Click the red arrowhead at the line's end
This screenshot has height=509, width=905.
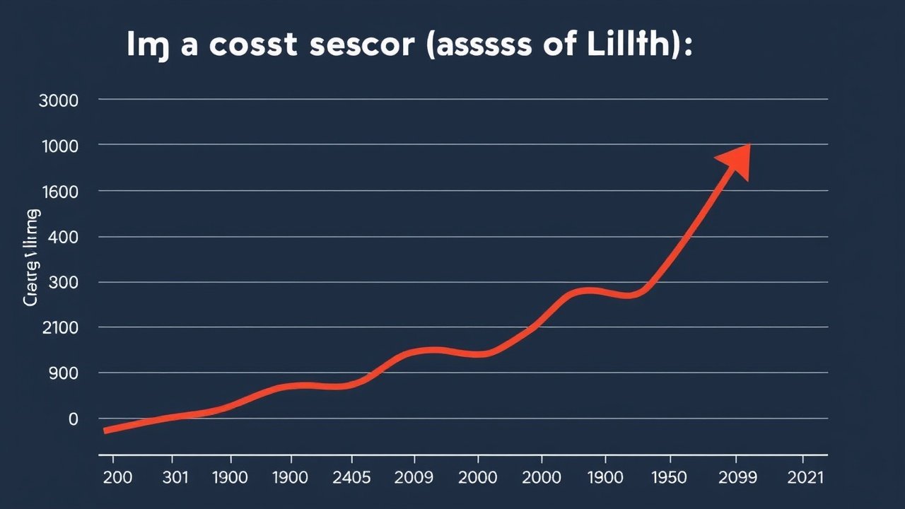(x=735, y=161)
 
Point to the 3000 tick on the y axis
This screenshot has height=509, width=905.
(x=59, y=100)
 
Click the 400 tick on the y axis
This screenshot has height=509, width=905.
(x=62, y=237)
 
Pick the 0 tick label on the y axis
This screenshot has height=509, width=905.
(x=72, y=419)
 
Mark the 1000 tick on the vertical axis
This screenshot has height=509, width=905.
(x=59, y=145)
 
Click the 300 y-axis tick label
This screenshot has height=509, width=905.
(x=62, y=282)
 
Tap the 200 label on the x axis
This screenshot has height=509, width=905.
(x=117, y=477)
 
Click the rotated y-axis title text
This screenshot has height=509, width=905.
(x=31, y=259)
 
